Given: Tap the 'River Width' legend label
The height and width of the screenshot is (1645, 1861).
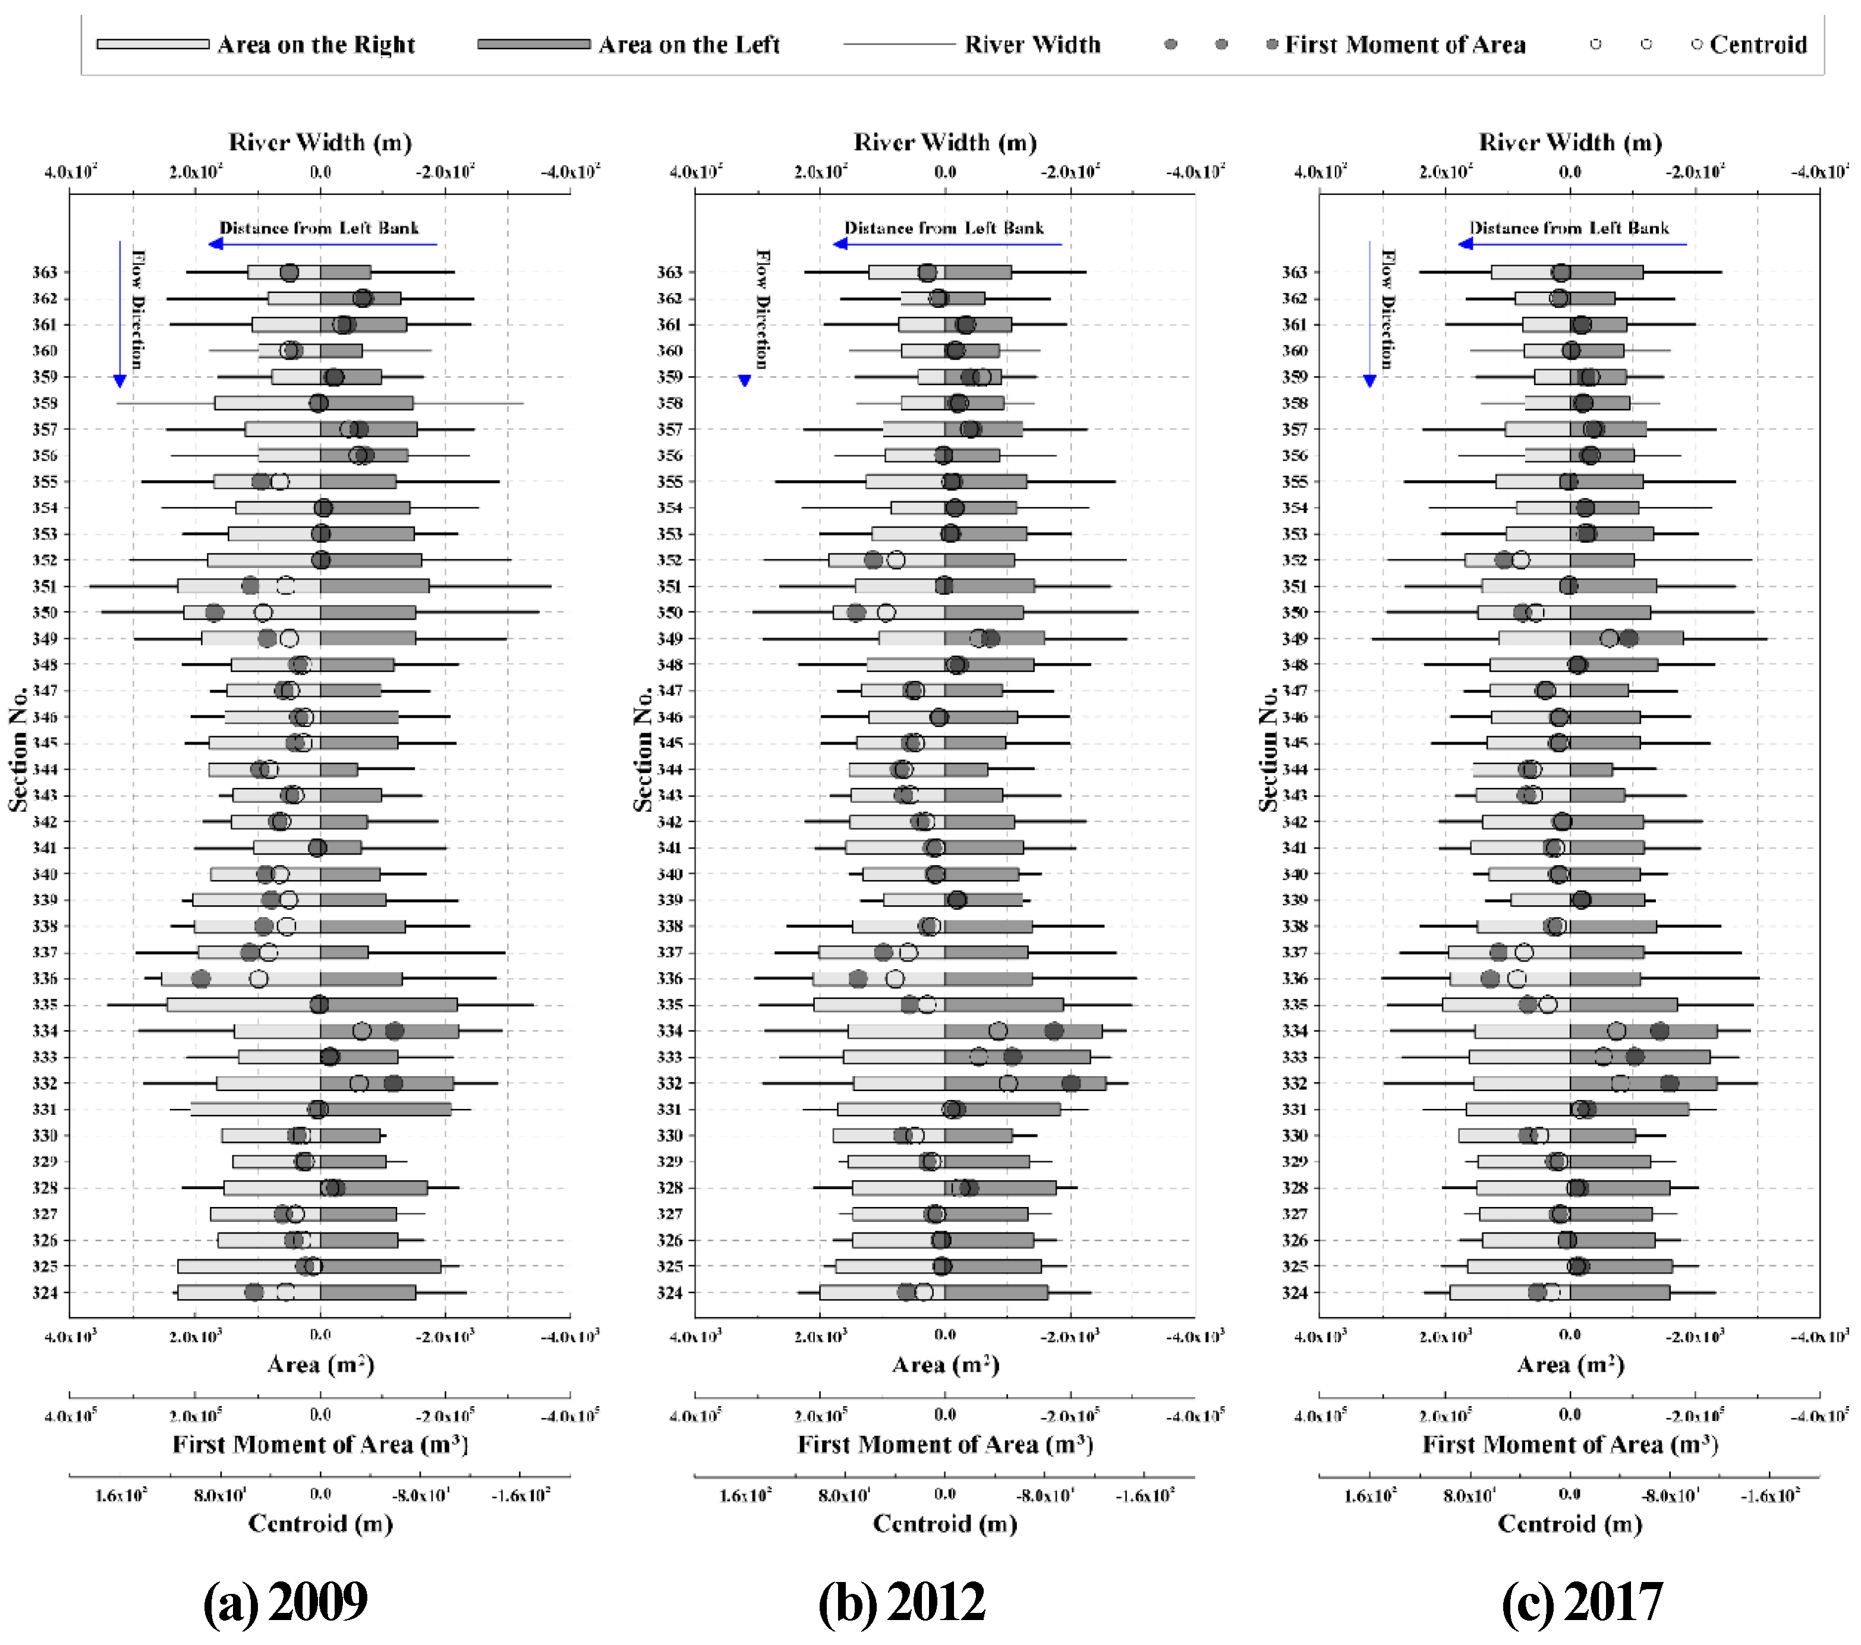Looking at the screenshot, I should [1032, 45].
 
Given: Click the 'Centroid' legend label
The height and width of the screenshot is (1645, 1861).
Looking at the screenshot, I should [1757, 45].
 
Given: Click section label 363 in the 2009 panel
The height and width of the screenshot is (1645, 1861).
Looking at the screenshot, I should [45, 272].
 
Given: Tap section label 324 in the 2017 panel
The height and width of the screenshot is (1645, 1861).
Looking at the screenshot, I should [1295, 1293].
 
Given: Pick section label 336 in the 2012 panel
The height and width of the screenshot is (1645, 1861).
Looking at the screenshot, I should [669, 979].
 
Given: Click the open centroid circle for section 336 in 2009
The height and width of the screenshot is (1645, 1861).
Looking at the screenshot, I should [259, 979].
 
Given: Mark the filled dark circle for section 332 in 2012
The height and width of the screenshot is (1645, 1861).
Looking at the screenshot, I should [1070, 1083].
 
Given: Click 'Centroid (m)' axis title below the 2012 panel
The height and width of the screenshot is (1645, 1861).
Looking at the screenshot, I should [945, 1523].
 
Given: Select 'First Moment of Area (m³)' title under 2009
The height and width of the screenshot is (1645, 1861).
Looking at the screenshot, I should [320, 1445].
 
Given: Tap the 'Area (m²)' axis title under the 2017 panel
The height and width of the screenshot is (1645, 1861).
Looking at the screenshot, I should [1570, 1364].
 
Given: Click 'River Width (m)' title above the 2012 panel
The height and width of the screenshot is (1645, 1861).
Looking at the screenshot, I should [945, 143].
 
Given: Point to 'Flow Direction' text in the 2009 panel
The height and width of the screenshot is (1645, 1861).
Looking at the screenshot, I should [137, 310].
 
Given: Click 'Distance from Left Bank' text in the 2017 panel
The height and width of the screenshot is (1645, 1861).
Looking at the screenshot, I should [1570, 228].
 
